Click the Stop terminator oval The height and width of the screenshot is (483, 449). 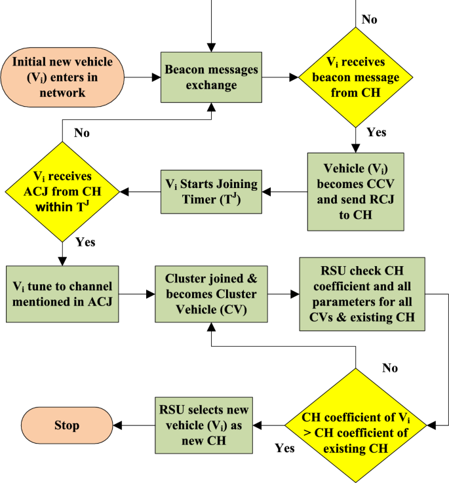66,425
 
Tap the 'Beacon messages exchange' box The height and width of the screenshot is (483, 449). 212,77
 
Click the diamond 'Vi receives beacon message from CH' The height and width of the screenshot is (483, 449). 357,77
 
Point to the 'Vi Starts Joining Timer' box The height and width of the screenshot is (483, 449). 210,191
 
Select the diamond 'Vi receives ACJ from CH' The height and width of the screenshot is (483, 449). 62,192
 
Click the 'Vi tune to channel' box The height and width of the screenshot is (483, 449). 62,294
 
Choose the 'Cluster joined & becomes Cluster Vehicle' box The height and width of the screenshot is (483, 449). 211,294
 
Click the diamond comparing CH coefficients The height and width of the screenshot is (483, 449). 356,425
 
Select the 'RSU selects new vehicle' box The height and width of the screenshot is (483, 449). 204,424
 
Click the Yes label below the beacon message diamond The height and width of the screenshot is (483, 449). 376,132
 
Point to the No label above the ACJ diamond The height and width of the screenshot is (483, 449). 82,133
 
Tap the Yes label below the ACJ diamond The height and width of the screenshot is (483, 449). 85,242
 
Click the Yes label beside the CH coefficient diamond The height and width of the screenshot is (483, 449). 284,449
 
